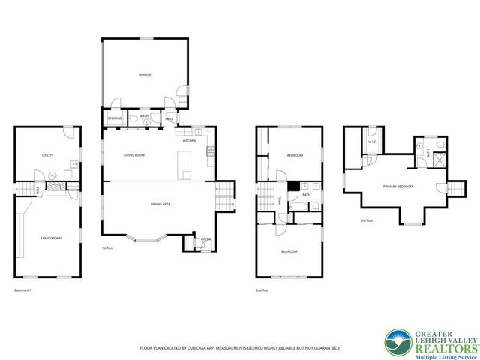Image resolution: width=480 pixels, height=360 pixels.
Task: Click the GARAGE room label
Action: pos(144,75)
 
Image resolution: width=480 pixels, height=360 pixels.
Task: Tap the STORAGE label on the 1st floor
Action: pos(115,118)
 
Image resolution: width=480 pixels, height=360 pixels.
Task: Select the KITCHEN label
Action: pos(189,141)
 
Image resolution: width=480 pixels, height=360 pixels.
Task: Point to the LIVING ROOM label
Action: pos(134,155)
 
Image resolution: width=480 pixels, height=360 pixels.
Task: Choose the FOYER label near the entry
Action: pos(205,240)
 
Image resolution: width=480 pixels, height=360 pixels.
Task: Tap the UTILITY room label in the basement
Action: pos(47,155)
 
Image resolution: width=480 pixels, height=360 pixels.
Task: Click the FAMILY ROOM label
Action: pos(50,238)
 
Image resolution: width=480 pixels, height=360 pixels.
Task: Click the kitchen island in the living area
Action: pos(185,164)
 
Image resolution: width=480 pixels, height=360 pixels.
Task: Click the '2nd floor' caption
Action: pos(263,289)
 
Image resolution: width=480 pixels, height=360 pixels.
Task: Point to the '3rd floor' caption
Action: pos(365,220)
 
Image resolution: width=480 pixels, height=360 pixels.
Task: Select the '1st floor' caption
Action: pos(107,247)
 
